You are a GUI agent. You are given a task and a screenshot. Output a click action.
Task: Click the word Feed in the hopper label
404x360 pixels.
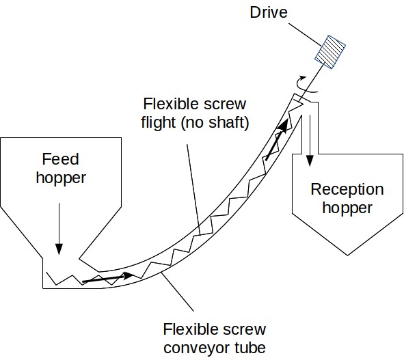pyautogui.click(x=62, y=159)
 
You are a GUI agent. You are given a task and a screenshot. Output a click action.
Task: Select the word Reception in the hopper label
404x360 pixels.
pyautogui.click(x=347, y=189)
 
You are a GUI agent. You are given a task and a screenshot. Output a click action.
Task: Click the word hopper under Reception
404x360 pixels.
pyautogui.click(x=347, y=208)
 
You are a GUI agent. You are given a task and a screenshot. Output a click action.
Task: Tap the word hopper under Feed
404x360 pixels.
pyautogui.click(x=62, y=178)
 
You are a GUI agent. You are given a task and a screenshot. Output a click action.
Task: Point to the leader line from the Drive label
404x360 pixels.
pyautogui.click(x=304, y=35)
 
